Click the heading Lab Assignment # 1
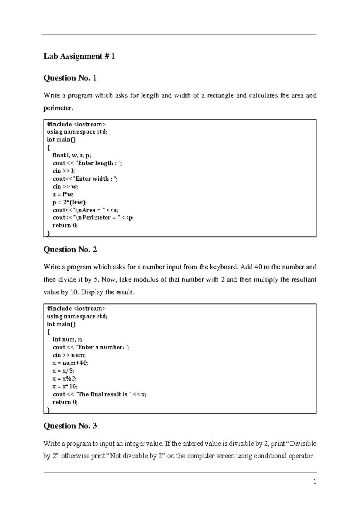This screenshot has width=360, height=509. [x=79, y=56]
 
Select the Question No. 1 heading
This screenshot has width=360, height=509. [x=70, y=78]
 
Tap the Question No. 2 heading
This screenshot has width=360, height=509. [x=70, y=249]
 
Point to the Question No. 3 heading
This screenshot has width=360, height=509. [x=70, y=426]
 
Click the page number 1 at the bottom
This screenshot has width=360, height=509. [x=315, y=482]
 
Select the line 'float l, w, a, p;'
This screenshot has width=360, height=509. [x=72, y=155]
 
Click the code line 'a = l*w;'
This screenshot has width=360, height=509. [x=63, y=194]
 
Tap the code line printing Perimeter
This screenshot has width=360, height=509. [x=93, y=218]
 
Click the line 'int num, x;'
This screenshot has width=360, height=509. [x=67, y=339]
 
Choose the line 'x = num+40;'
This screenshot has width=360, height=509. [x=70, y=363]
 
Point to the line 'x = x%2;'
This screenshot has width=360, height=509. [x=64, y=378]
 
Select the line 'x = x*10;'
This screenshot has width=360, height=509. [x=65, y=386]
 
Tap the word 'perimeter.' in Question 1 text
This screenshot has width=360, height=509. [x=58, y=108]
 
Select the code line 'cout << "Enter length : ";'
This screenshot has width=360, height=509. [x=87, y=163]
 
